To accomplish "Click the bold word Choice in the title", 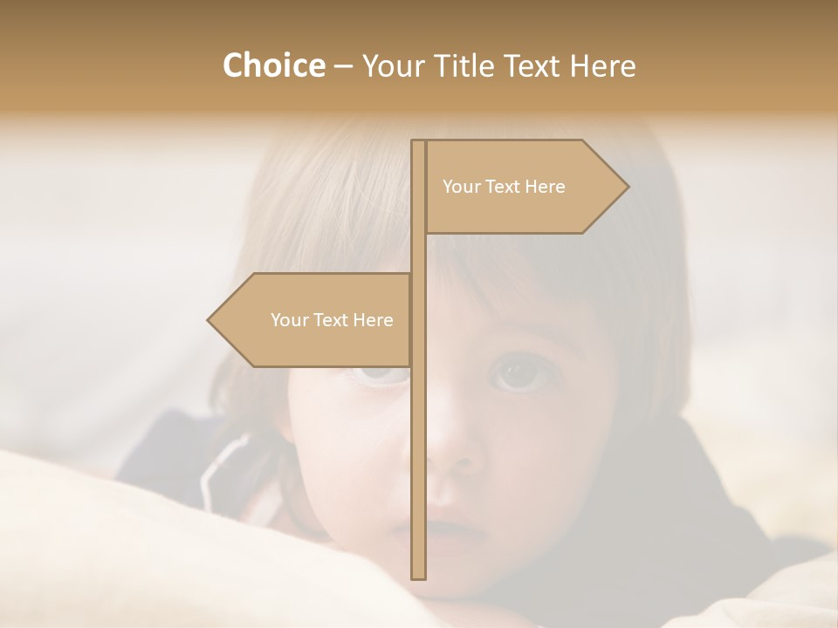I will [273, 65].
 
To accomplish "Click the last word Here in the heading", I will [602, 65].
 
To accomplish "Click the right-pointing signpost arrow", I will [524, 187].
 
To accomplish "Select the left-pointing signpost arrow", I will [314, 320].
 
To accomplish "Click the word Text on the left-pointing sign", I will [332, 320].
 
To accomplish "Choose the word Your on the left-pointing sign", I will [289, 320].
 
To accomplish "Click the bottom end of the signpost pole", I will [418, 576].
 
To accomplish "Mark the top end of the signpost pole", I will [418, 143].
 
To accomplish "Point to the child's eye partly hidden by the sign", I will [380, 375].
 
